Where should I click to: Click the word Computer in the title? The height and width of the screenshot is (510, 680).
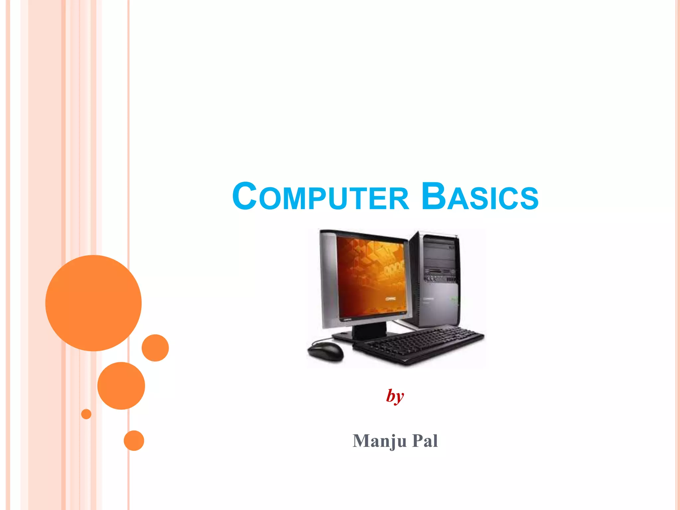click(x=320, y=197)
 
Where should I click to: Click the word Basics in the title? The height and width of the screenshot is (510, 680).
click(x=480, y=197)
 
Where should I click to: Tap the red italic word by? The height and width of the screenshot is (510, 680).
click(x=395, y=396)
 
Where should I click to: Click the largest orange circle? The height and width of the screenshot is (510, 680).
click(x=93, y=303)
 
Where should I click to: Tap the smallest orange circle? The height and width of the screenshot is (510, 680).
click(x=86, y=414)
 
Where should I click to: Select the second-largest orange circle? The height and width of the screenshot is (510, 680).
click(x=121, y=385)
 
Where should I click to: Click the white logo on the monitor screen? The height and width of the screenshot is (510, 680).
click(x=390, y=298)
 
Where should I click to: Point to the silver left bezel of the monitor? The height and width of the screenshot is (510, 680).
click(x=329, y=279)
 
